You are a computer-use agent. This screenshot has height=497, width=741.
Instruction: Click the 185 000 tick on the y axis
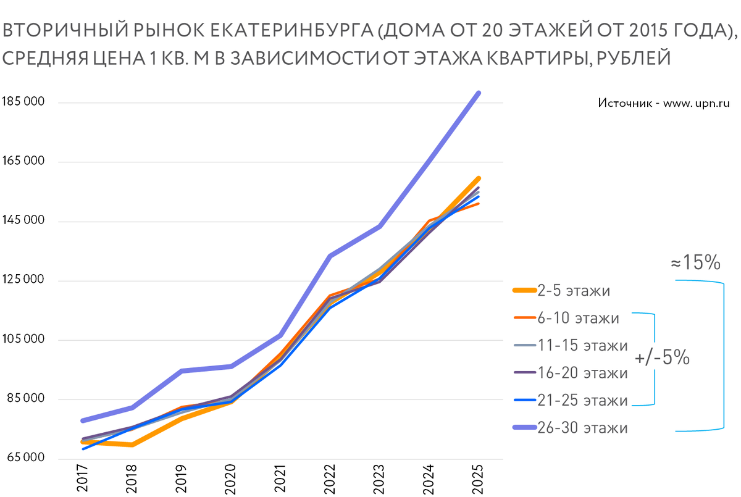[23, 102]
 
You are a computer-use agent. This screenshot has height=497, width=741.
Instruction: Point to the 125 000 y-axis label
[23, 280]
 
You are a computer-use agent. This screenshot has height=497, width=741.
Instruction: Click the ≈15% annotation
[695, 263]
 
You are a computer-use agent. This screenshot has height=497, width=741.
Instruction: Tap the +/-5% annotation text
[662, 359]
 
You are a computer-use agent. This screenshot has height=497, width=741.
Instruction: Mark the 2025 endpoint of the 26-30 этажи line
[478, 93]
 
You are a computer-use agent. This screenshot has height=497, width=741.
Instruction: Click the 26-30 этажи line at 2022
[330, 256]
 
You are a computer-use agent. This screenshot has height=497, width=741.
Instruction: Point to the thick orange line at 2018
[132, 445]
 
